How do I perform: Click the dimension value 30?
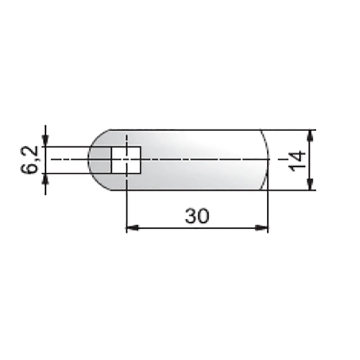[197, 216]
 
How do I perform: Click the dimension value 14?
[298, 161]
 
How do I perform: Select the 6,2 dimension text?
[29, 160]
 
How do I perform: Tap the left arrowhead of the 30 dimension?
[132, 228]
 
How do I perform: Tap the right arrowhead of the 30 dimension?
[262, 228]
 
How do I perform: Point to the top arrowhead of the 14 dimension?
[310, 136]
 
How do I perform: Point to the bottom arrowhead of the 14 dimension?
[310, 184]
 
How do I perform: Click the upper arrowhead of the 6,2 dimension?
[45, 140]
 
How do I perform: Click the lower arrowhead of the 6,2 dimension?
[45, 179]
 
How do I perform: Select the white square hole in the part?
[126, 160]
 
